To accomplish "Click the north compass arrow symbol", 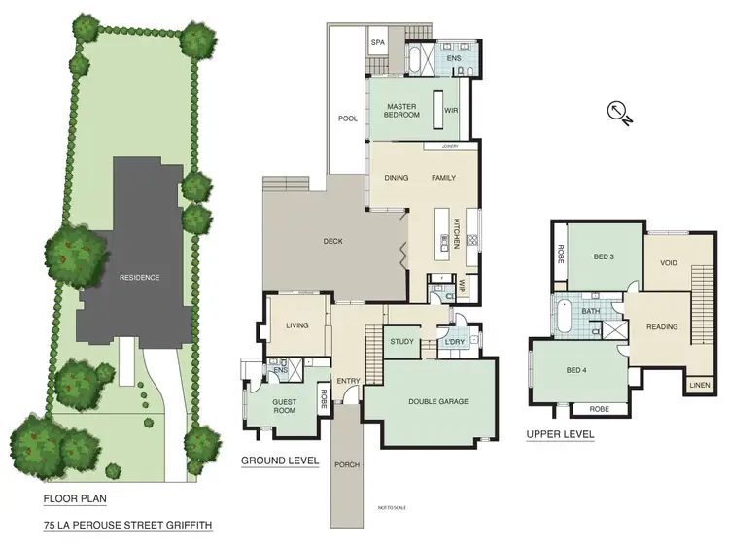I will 619,114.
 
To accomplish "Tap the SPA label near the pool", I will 377,43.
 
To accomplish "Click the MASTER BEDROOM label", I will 401,110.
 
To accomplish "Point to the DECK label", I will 333,241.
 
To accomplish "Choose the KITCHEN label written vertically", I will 455,234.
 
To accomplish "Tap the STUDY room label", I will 401,342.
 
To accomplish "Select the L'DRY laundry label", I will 453,342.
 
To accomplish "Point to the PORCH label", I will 346,464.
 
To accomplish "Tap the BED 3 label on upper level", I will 605,256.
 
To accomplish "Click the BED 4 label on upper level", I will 577,370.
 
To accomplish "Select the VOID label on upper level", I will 668,262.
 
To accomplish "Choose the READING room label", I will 662,326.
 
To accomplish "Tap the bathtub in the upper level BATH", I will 563,318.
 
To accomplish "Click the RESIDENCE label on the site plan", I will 139,277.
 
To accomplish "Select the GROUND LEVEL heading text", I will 280,461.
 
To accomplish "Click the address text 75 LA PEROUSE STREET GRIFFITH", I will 126,525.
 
